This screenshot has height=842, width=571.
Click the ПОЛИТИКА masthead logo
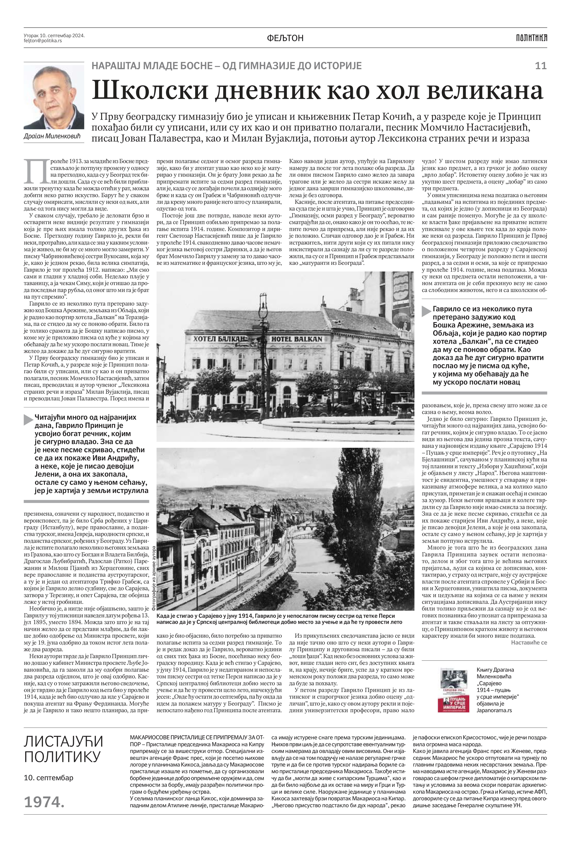coord(532,38)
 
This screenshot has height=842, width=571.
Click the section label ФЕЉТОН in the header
coord(285,38)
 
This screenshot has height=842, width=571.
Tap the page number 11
coord(540,66)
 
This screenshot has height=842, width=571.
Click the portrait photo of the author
coord(54,97)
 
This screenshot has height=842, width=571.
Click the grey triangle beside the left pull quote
coord(28,420)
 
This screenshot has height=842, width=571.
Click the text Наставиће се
coord(529,642)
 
